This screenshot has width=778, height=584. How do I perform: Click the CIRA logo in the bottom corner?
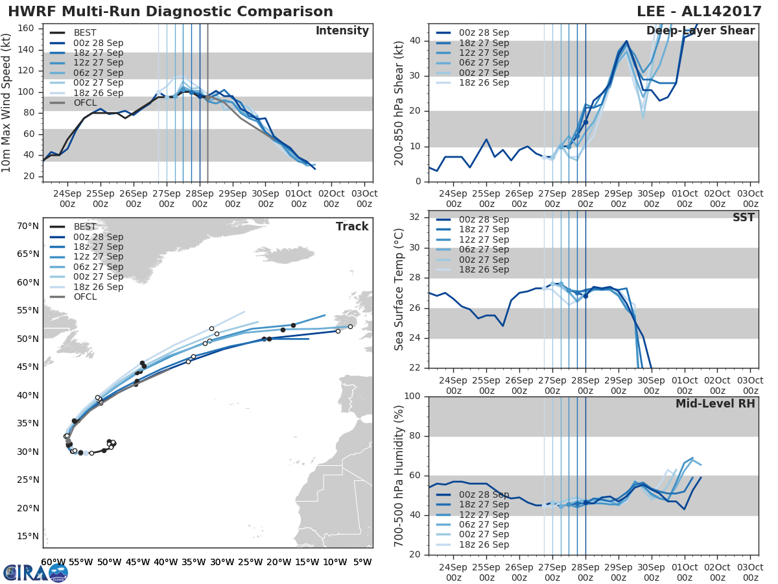click(x=36, y=572)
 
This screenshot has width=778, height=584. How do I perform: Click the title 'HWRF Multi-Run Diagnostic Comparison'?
click(x=171, y=12)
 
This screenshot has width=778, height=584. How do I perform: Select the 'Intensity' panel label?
click(x=342, y=31)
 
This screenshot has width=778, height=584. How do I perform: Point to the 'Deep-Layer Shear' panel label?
click(x=700, y=31)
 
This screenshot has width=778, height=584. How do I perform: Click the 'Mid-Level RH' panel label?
click(x=715, y=404)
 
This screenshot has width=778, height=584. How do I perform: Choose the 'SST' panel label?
click(x=744, y=217)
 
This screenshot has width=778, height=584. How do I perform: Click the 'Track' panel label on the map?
click(x=352, y=226)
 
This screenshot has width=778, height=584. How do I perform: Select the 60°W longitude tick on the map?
click(x=53, y=562)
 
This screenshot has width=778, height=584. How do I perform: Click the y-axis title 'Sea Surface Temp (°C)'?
click(x=399, y=289)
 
